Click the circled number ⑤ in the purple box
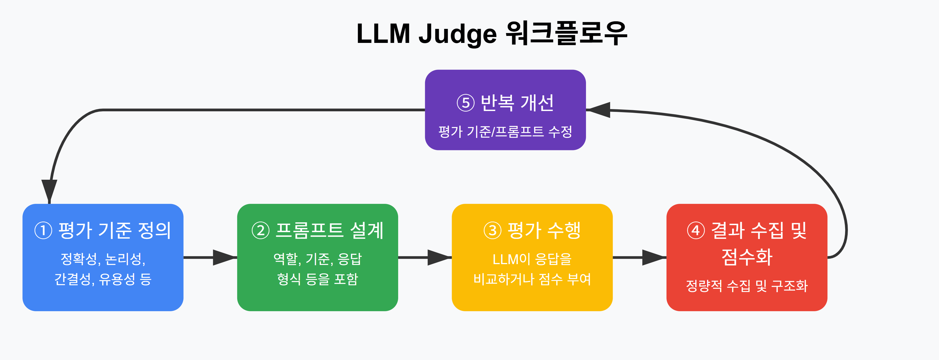[465, 103]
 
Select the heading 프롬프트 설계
[329, 230]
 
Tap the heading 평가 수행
[544, 230]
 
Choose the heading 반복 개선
[517, 102]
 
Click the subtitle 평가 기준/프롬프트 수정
[505, 131]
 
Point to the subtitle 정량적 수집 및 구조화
[747, 286]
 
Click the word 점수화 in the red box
[747, 257]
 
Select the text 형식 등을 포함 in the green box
[317, 279]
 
